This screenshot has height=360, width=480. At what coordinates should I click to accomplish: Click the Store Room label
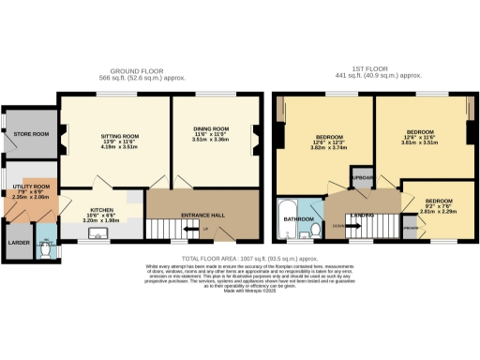point(31,134)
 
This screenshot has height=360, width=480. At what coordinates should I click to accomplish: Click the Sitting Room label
point(119,135)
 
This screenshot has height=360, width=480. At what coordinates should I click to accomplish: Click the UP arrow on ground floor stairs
point(205,228)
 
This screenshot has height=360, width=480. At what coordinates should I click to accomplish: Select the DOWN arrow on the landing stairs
point(337,226)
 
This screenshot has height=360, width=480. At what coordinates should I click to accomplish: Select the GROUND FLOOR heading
point(138,71)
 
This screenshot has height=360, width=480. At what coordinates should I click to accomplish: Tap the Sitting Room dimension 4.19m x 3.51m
point(119,147)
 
